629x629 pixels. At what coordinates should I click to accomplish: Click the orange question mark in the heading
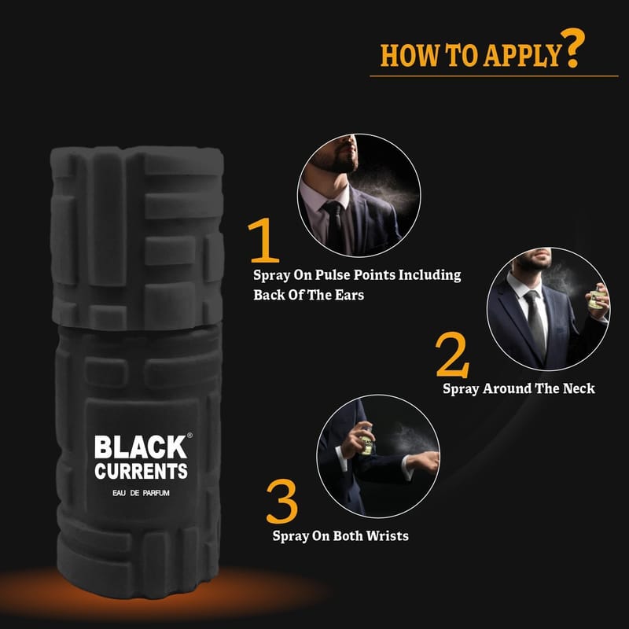572,46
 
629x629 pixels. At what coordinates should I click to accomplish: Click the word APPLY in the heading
521,55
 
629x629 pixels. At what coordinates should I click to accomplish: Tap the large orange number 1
264,240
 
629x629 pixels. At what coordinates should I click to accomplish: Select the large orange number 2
453,355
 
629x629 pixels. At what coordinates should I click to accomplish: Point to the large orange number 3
281,501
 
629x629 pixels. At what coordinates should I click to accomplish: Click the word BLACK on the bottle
141,447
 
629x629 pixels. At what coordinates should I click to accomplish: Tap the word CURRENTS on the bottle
142,471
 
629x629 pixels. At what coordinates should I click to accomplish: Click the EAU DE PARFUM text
142,493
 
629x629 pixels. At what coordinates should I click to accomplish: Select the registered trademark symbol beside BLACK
189,436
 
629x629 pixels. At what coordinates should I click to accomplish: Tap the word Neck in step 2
579,388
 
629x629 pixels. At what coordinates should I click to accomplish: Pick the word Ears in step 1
349,295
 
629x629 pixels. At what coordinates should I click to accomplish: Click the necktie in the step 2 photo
536,323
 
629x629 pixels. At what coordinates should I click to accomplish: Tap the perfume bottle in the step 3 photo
366,441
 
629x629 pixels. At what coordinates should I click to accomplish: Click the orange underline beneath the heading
494,75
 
